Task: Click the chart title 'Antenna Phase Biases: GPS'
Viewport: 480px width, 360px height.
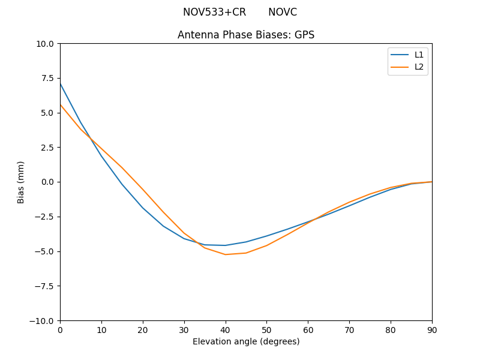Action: click(x=246, y=35)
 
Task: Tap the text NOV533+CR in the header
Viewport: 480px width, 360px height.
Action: click(x=214, y=12)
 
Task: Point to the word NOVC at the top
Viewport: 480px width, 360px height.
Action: click(x=283, y=12)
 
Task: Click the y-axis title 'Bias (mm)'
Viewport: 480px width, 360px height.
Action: click(x=21, y=182)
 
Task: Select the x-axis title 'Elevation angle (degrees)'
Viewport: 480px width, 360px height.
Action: click(x=246, y=341)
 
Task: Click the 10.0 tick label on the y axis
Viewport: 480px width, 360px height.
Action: click(x=45, y=43)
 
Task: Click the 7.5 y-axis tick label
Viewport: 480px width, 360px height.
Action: click(x=47, y=78)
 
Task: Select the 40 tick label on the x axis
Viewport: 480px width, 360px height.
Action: click(x=226, y=329)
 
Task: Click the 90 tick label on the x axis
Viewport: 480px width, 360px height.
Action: click(x=432, y=329)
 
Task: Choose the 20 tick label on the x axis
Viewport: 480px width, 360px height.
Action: click(x=143, y=329)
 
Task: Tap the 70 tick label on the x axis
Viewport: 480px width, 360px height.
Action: click(x=349, y=329)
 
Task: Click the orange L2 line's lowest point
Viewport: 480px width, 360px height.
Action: click(x=226, y=254)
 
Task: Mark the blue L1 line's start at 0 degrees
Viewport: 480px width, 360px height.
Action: click(x=60, y=83)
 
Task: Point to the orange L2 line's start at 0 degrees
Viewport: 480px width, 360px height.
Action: click(x=60, y=104)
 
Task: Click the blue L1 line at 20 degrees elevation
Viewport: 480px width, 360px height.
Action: click(x=143, y=208)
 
